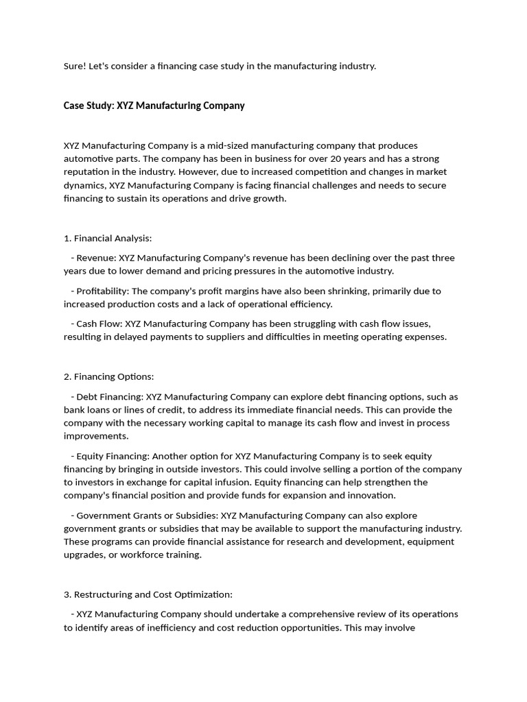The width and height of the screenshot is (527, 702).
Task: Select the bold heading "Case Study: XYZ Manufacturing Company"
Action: (x=154, y=106)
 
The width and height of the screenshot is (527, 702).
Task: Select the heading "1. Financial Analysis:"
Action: (x=107, y=238)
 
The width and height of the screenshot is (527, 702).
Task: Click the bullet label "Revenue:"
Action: (x=96, y=258)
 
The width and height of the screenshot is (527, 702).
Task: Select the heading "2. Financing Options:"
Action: (x=108, y=376)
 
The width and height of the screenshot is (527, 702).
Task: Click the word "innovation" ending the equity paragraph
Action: (x=371, y=495)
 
